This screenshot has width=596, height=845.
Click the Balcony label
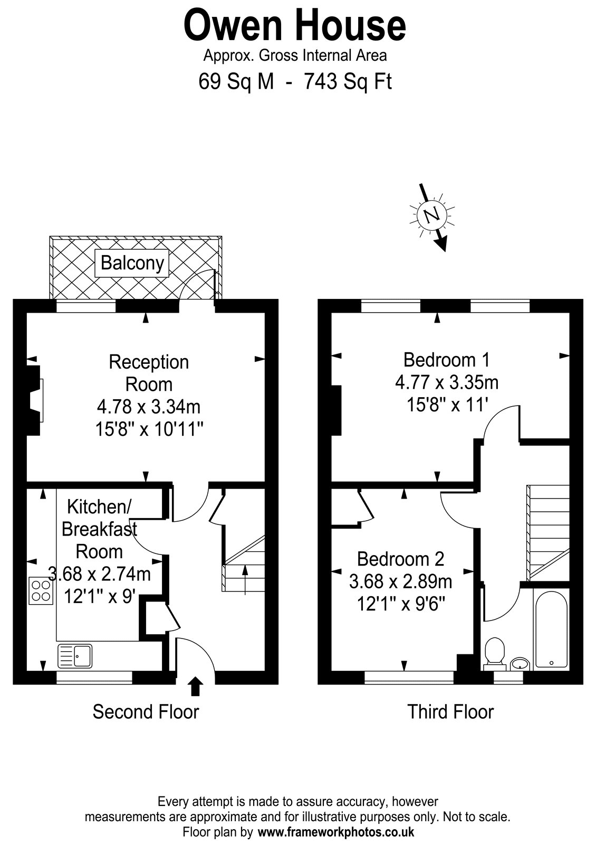click(x=132, y=263)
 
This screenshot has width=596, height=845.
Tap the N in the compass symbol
click(x=432, y=215)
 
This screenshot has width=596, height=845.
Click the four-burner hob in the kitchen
click(x=41, y=591)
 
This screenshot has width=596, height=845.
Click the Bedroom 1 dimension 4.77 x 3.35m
click(x=447, y=382)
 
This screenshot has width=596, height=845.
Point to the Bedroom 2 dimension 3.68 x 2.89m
click(x=400, y=581)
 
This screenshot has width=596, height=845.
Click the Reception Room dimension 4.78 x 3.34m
click(x=149, y=407)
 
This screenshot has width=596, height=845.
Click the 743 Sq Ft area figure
click(x=348, y=81)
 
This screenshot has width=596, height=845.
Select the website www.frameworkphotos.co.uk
click(x=336, y=832)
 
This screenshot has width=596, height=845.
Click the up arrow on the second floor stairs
click(x=245, y=580)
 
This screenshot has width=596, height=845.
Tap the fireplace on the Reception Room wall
click(x=34, y=400)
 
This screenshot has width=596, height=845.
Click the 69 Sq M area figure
click(x=236, y=81)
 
